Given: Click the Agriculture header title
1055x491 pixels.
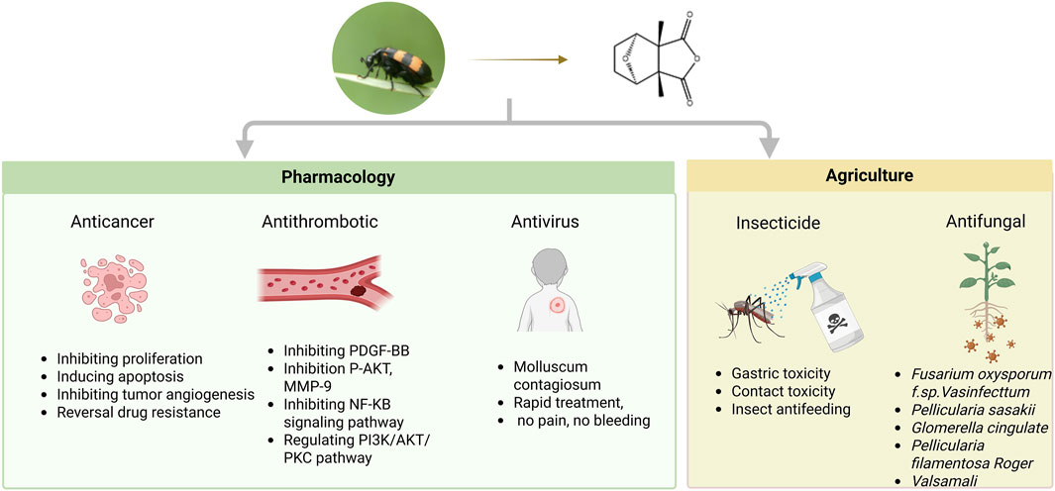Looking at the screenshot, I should coord(869,176).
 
